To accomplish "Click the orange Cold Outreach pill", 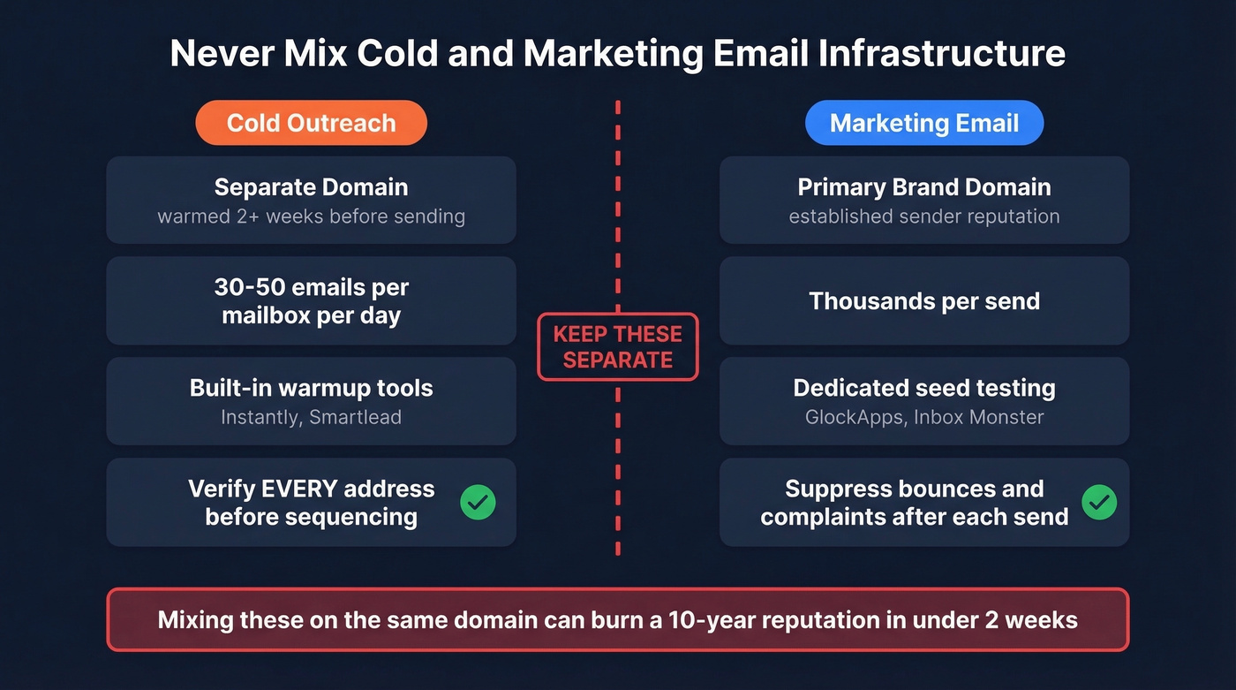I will [x=311, y=123].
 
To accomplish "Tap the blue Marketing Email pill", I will [x=923, y=123].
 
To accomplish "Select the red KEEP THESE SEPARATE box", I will [x=617, y=347].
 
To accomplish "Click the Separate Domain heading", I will [x=311, y=187].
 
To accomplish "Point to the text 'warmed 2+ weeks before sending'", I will [x=311, y=216].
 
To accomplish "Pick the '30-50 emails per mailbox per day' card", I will [x=311, y=301].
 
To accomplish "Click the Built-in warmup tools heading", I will [x=311, y=388].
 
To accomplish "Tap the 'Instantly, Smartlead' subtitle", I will [x=311, y=417].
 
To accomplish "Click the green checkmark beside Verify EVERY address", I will [x=478, y=503].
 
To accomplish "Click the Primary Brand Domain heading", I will [x=923, y=187].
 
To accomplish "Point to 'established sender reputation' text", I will [x=923, y=216].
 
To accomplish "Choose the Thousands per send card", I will [x=923, y=301].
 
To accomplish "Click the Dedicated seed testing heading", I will [x=923, y=388].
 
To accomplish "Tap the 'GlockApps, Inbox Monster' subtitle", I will [x=923, y=417].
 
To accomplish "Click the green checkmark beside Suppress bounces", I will [x=1099, y=503].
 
